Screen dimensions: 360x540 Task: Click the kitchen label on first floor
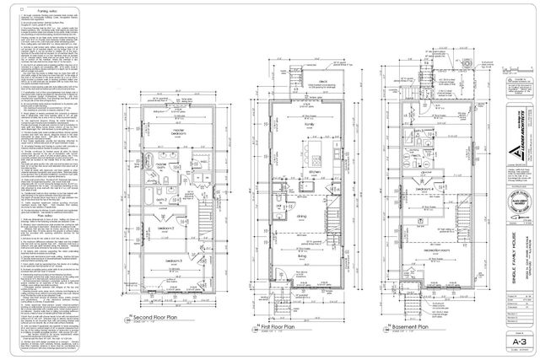308,172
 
